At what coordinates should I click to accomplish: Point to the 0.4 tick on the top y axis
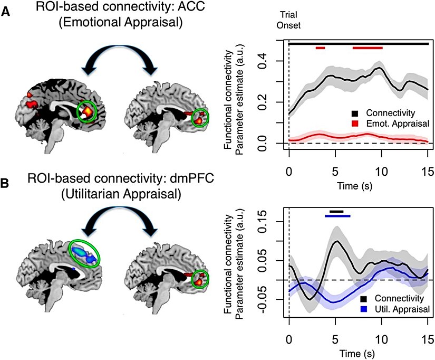click(x=275, y=61)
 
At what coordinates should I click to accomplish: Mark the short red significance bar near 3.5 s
click(x=321, y=48)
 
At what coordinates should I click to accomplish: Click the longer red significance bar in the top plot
click(x=368, y=48)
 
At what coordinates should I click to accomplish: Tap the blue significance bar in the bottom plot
click(x=337, y=215)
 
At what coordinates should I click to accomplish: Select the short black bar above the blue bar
click(x=336, y=211)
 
